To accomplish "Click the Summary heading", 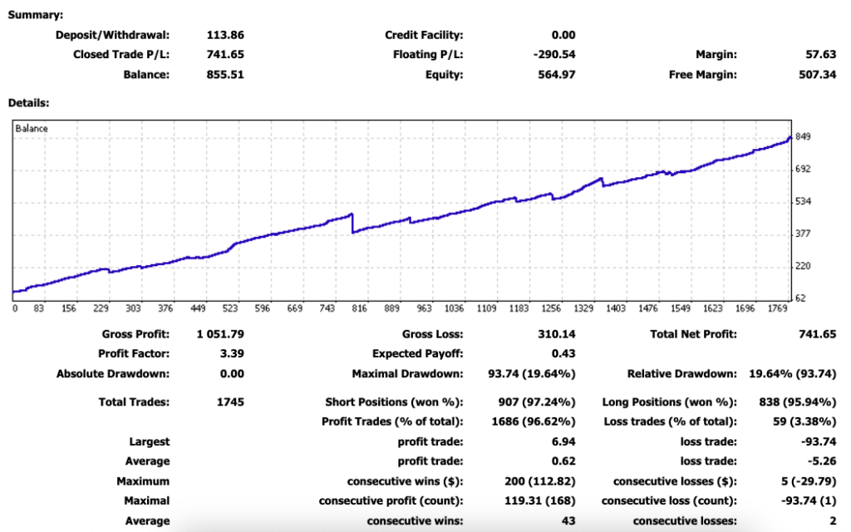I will [x=35, y=14].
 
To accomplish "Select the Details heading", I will [x=28, y=103].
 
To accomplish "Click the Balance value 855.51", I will [x=225, y=75].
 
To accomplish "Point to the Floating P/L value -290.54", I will [x=554, y=55].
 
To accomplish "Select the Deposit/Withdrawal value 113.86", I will [x=225, y=35].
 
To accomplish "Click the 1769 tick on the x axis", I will [x=777, y=308].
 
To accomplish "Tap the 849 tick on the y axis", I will [x=804, y=137].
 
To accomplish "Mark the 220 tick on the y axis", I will [x=804, y=266].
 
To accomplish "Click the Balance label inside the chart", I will [x=32, y=129].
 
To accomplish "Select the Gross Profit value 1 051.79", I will [x=220, y=334].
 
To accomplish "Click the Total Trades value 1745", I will [x=229, y=402].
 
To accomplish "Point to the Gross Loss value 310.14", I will [x=558, y=334].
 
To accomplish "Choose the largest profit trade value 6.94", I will [x=564, y=441].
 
